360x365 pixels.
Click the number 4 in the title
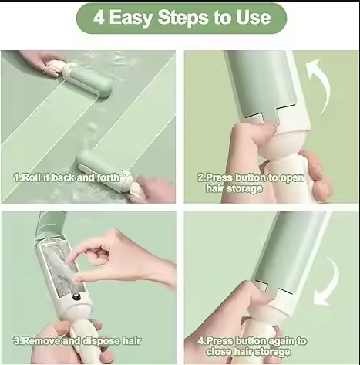click(99, 18)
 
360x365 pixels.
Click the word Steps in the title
click(183, 17)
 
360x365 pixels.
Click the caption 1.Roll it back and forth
click(67, 177)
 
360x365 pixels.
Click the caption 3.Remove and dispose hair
click(77, 341)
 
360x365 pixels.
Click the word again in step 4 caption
click(281, 341)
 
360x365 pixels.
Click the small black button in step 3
click(77, 297)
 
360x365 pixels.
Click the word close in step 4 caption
click(219, 351)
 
